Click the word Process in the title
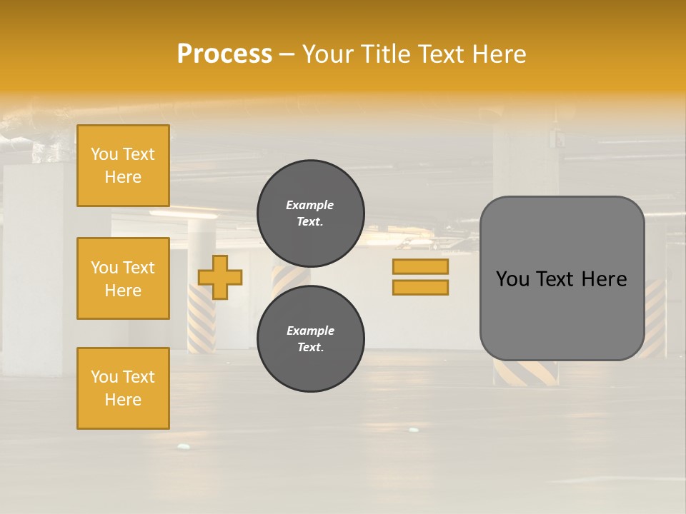click(224, 54)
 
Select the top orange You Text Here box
click(123, 166)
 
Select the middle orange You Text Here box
click(123, 278)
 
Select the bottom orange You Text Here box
click(123, 388)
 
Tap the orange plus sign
click(220, 277)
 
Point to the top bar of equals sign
click(420, 266)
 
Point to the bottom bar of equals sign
click(420, 288)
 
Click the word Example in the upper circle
click(310, 205)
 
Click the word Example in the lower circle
click(310, 331)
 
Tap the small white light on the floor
click(184, 447)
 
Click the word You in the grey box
click(512, 279)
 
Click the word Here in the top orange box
click(123, 177)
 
